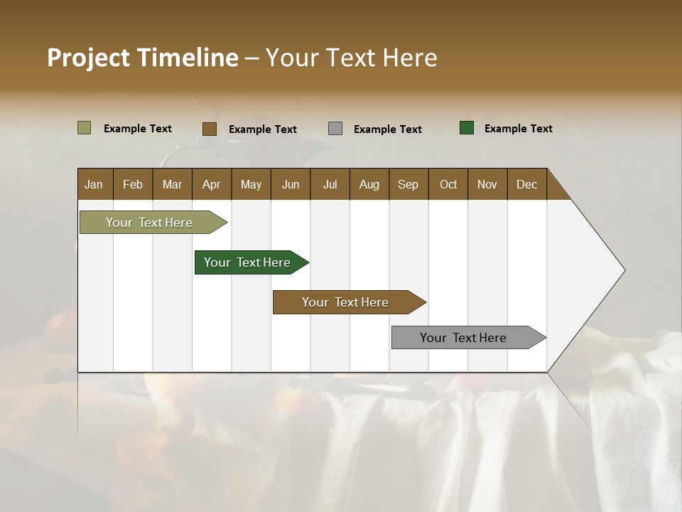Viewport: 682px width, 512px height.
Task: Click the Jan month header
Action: click(94, 184)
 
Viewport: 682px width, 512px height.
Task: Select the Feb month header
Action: click(133, 184)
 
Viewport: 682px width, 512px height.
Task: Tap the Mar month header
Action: click(172, 184)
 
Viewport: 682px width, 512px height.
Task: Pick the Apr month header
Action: click(212, 184)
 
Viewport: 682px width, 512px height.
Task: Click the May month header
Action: click(251, 184)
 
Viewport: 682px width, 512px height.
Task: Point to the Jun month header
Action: click(291, 184)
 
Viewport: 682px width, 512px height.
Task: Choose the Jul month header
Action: click(330, 184)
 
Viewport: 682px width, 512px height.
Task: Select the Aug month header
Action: click(369, 184)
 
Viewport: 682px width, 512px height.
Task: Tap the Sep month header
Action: click(408, 184)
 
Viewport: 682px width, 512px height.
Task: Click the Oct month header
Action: click(448, 184)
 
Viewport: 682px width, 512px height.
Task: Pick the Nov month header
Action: click(487, 184)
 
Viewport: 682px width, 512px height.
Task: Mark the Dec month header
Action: click(527, 184)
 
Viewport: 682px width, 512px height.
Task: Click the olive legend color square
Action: click(85, 128)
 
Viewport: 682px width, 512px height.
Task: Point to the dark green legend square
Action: click(467, 128)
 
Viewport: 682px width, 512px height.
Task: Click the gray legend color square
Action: click(335, 129)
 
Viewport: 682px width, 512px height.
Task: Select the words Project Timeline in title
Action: click(143, 58)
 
